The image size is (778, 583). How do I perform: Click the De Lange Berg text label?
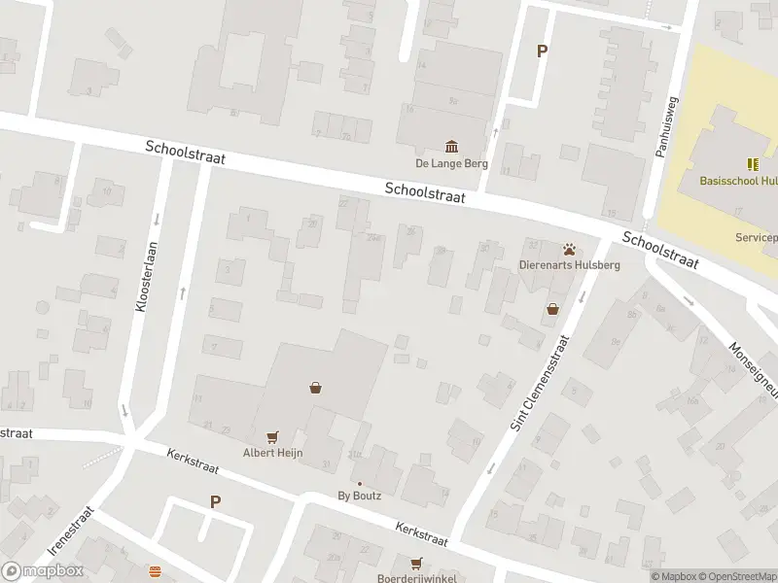tap(451, 163)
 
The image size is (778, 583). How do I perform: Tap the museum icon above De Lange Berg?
tap(451, 146)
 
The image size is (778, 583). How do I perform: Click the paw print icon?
tap(567, 248)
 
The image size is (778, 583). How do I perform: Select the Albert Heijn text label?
tap(273, 453)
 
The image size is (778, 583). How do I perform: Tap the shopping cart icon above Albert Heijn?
tap(273, 436)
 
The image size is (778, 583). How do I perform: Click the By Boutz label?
tap(359, 496)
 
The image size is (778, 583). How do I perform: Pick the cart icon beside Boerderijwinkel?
tap(417, 563)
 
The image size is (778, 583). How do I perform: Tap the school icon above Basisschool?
tap(752, 163)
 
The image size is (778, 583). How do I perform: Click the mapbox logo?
tap(43, 571)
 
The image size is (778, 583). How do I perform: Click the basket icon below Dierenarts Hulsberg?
tap(553, 310)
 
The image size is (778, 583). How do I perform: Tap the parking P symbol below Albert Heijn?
tap(215, 502)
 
